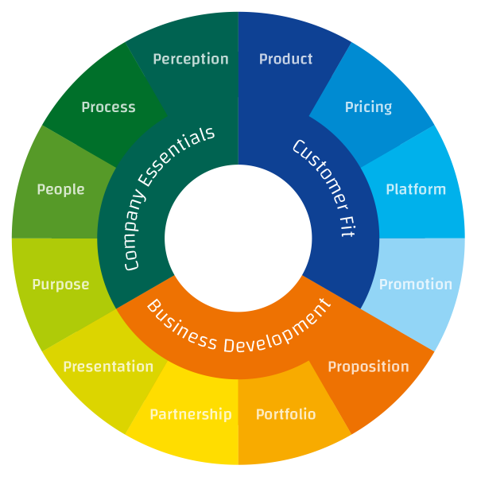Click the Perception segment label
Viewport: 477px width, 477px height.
(x=191, y=60)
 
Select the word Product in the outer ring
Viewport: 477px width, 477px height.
(x=286, y=59)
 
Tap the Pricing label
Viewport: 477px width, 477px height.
(x=368, y=107)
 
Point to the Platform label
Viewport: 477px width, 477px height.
(x=416, y=189)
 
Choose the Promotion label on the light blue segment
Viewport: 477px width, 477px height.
(x=415, y=285)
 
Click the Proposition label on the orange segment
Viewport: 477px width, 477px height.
(x=368, y=366)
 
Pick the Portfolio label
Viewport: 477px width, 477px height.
(x=285, y=414)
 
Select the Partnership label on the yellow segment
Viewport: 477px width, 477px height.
(x=191, y=414)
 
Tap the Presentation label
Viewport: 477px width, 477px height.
(x=108, y=366)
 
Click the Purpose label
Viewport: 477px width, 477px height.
(x=60, y=285)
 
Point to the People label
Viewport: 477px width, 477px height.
(x=60, y=189)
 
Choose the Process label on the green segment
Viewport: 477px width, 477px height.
(x=108, y=107)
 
